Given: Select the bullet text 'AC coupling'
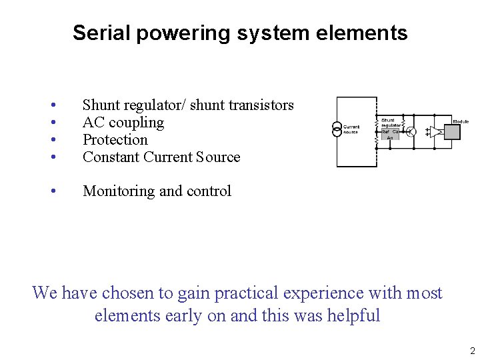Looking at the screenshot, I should click(x=123, y=123).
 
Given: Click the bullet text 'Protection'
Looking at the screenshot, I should click(x=115, y=140).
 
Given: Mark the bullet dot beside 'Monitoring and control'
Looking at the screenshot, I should click(x=53, y=191).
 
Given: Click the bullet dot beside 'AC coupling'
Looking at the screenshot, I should click(x=53, y=123).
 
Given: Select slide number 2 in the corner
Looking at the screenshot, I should click(x=471, y=351).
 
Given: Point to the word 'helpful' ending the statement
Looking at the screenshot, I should click(x=353, y=315).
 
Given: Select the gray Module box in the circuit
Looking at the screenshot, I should click(x=451, y=131).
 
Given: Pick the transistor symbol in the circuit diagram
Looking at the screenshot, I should click(x=411, y=132).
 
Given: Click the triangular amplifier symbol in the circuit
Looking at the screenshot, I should click(x=435, y=131).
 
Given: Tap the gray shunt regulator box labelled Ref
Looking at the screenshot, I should click(x=390, y=132).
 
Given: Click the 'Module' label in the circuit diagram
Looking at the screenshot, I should click(x=461, y=121).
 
